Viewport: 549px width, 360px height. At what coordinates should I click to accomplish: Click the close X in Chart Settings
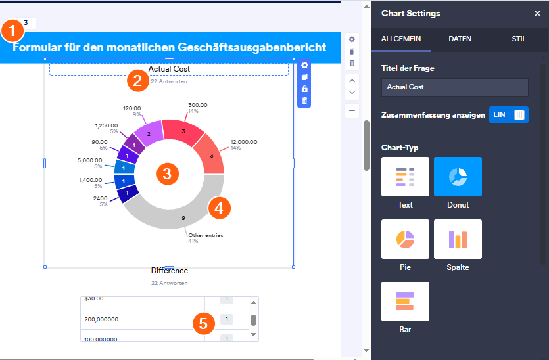click(x=537, y=14)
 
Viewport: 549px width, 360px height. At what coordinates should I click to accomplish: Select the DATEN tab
click(x=460, y=39)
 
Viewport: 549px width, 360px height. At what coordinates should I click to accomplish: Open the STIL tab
click(x=519, y=39)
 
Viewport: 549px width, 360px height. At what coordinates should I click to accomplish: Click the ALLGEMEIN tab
click(x=400, y=39)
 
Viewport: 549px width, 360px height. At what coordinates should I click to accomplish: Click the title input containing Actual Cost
click(x=454, y=87)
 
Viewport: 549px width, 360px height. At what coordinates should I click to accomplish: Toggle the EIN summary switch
click(x=508, y=115)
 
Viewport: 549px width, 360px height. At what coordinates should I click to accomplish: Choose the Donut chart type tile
click(x=458, y=177)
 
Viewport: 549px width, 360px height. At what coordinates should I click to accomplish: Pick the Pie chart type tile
click(x=405, y=239)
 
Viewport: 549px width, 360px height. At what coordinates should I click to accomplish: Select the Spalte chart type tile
click(x=458, y=239)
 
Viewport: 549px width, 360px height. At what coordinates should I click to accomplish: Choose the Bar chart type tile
click(x=405, y=302)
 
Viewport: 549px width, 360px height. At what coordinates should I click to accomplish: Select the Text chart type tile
click(x=405, y=177)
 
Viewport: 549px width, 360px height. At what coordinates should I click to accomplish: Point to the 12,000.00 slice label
click(x=243, y=142)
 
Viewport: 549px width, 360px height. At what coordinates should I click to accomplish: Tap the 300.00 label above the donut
click(x=197, y=105)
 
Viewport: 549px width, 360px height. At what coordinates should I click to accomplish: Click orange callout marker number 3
click(x=167, y=174)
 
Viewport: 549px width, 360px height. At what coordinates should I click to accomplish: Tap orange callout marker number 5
click(x=203, y=323)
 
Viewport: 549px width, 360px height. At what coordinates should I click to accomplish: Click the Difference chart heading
click(x=169, y=271)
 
